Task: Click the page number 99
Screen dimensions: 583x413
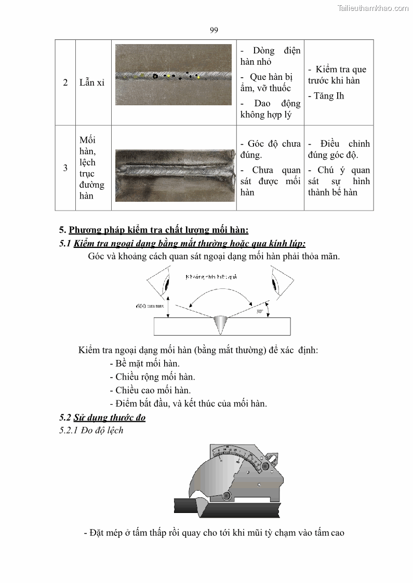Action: tap(214, 30)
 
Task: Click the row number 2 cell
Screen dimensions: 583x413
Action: tap(65, 82)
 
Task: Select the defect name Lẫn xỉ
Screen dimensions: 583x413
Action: tap(92, 82)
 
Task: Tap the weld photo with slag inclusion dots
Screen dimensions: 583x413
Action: tap(166, 75)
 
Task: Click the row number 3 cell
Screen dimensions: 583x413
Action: tap(65, 168)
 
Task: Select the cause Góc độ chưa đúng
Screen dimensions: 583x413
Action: tap(270, 149)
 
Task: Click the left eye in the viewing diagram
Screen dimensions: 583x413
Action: tap(165, 284)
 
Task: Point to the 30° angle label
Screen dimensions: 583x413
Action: tap(260, 312)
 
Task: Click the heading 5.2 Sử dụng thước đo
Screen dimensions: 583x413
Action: tap(102, 418)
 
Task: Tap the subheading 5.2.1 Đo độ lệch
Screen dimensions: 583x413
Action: tap(91, 431)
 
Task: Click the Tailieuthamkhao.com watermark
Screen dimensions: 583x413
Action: tap(373, 8)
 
